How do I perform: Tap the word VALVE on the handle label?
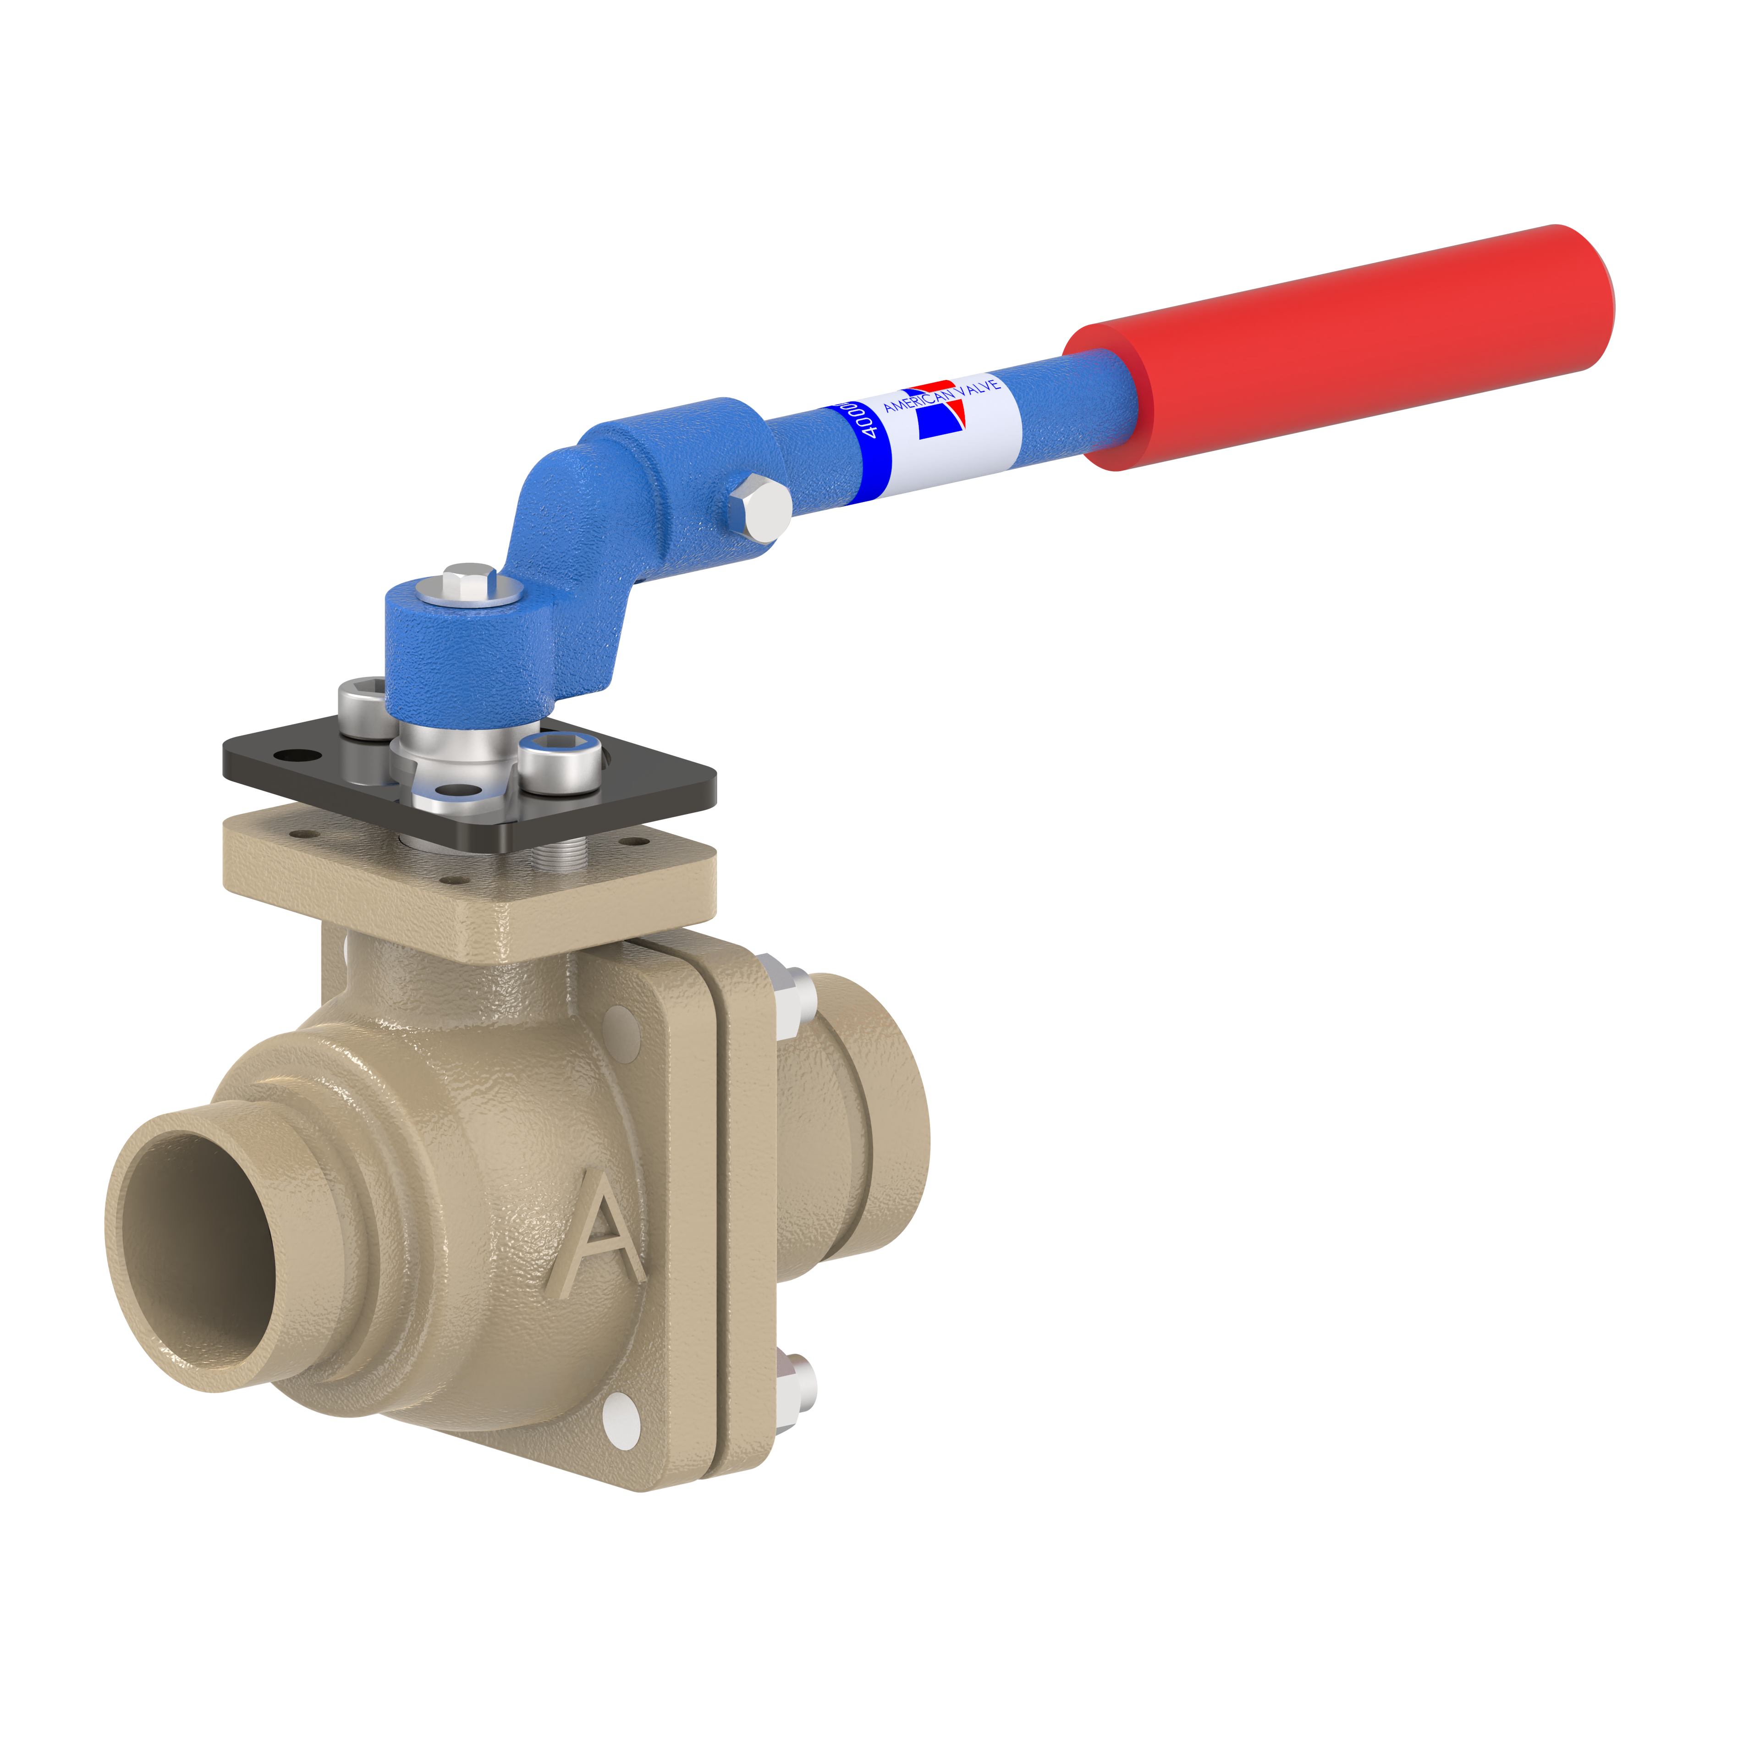click(x=979, y=386)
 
